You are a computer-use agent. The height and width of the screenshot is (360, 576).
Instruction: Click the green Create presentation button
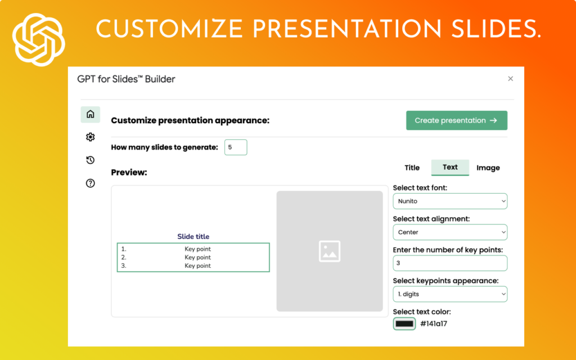456,120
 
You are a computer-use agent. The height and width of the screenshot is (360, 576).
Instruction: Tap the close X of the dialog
510,79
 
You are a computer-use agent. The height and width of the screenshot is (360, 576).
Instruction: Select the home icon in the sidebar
90,115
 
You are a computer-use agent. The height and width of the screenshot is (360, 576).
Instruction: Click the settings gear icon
90,137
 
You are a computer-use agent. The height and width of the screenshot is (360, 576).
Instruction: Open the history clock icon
90,160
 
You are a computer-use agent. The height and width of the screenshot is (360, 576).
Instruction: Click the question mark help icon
90,183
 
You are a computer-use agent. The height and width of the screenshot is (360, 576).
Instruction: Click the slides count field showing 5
235,147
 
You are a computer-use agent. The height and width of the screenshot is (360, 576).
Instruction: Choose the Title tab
412,168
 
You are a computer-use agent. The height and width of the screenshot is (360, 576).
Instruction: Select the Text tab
450,167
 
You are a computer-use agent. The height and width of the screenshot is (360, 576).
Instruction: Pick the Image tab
488,168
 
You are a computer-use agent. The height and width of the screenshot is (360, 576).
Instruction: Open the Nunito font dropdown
449,201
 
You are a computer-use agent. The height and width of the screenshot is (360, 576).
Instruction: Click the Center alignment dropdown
449,232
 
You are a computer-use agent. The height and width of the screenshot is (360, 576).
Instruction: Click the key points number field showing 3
449,263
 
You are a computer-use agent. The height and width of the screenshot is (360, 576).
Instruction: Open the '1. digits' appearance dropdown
449,294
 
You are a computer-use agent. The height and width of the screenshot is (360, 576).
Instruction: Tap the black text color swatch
404,323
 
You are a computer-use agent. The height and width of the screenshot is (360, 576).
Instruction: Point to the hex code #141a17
434,323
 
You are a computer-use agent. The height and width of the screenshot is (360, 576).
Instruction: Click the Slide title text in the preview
193,237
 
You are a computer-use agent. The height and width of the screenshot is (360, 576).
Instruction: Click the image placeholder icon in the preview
329,251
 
